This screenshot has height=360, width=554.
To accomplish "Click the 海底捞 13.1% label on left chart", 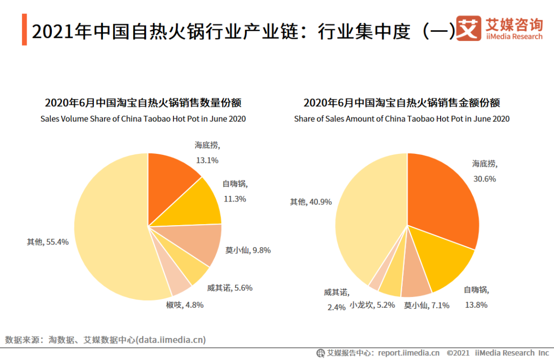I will (x=207, y=152).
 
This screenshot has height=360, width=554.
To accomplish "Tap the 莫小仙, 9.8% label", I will (x=248, y=250).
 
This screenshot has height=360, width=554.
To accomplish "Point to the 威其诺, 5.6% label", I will (x=230, y=288).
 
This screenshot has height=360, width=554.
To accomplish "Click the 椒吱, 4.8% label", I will (x=185, y=305).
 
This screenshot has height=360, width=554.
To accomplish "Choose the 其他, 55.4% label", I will (x=48, y=242).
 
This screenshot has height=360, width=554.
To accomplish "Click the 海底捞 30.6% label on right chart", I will (x=484, y=171).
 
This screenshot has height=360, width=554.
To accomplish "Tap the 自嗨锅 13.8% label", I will (x=476, y=297).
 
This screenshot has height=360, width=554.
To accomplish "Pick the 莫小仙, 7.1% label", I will (x=426, y=305).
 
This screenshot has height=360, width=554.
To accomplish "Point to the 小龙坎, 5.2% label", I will (x=372, y=305).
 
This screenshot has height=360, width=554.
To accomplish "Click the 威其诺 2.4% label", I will (x=336, y=300).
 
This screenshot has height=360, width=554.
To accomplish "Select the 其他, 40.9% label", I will (x=310, y=202).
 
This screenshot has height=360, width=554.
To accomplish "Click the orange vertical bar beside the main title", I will (x=24, y=30).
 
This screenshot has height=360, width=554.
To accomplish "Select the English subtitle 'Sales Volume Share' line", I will (x=143, y=119).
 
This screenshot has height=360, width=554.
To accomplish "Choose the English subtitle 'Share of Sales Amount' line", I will (x=402, y=119).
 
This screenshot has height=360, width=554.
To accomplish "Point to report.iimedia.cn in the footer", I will (x=409, y=353).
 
